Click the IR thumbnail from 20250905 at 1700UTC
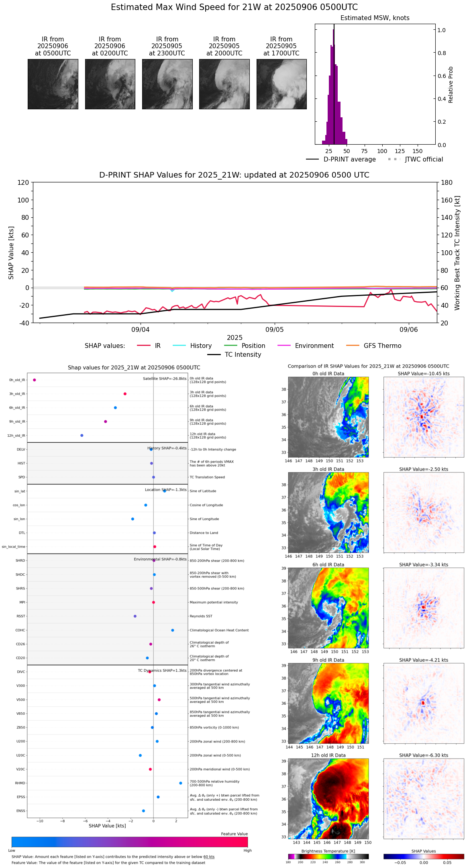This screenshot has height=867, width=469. click(281, 84)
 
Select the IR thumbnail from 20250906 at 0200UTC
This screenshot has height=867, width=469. click(110, 84)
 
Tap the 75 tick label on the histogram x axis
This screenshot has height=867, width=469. click(364, 151)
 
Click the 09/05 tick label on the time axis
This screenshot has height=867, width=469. click(275, 330)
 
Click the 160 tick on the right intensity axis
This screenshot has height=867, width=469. click(447, 200)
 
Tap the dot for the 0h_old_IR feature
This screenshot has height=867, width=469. click(35, 380)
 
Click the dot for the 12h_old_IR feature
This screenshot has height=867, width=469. click(82, 436)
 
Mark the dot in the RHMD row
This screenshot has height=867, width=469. click(181, 783)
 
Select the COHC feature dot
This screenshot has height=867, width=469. click(173, 630)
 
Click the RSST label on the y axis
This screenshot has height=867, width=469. click(21, 616)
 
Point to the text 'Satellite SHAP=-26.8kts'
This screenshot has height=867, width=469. click(165, 379)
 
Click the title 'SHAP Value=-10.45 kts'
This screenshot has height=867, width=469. click(424, 374)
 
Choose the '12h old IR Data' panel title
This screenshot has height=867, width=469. click(328, 755)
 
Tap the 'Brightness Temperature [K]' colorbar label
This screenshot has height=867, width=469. click(328, 851)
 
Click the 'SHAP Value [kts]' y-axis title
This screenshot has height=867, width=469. click(11, 253)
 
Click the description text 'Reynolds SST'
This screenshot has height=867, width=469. click(201, 616)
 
